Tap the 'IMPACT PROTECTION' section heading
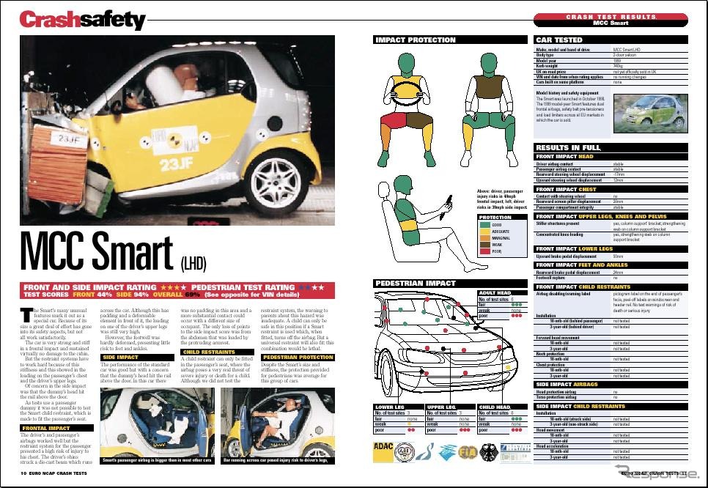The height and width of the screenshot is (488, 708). (x=416, y=40)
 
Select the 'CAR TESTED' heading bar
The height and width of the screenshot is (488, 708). (x=559, y=40)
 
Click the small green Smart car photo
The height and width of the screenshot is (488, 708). (x=651, y=113)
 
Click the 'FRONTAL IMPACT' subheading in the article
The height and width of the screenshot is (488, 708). (x=46, y=428)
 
